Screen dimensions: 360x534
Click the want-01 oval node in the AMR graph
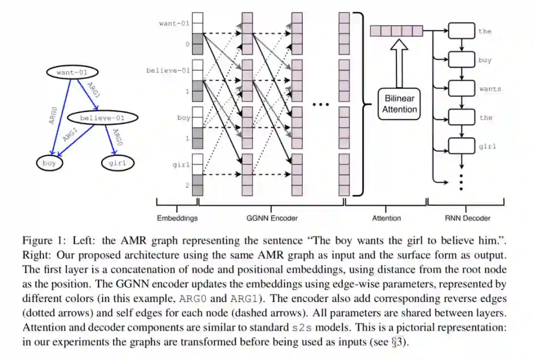click(x=72, y=73)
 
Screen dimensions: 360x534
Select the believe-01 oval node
click(x=102, y=118)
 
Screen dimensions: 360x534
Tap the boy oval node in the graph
click(x=49, y=163)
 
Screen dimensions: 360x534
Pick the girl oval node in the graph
click(x=118, y=163)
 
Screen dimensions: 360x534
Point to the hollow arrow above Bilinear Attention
click(x=399, y=62)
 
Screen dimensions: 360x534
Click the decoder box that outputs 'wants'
click(x=461, y=89)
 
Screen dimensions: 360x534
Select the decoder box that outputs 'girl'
click(x=461, y=146)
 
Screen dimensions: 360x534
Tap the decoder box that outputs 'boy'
click(x=461, y=60)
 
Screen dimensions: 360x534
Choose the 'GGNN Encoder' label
click(x=272, y=218)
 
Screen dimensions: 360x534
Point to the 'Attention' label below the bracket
click(x=386, y=218)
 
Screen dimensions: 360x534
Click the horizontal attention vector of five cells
click(x=397, y=31)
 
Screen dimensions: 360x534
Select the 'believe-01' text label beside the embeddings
click(x=168, y=71)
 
